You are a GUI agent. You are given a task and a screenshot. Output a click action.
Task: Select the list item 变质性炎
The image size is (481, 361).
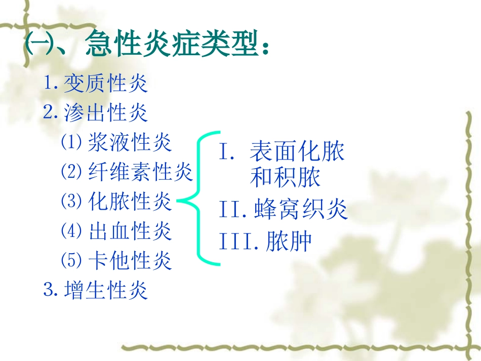tap(106, 84)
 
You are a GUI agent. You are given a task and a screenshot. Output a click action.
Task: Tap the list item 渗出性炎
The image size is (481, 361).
tap(106, 112)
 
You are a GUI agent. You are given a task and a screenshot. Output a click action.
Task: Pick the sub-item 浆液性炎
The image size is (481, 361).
tap(130, 143)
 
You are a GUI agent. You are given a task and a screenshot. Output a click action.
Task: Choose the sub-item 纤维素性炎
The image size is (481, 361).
tap(140, 172)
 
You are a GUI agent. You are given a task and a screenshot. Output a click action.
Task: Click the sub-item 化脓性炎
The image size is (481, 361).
tap(130, 202)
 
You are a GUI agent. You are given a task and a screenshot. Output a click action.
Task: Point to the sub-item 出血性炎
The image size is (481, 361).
tap(130, 231)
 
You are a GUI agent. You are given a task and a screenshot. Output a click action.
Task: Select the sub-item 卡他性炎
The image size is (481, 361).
tap(130, 261)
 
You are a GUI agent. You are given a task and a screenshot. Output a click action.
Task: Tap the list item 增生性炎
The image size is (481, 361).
tap(106, 291)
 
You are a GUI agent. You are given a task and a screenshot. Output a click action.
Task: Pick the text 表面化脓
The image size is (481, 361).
tap(297, 152)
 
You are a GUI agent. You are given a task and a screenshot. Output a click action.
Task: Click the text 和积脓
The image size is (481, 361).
tap(286, 178)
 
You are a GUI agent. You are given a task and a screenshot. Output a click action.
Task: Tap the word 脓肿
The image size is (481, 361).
tap(290, 242)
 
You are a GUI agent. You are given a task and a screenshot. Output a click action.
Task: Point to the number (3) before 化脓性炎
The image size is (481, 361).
tap(71, 202)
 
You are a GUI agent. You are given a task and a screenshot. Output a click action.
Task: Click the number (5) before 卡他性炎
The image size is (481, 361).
tap(71, 261)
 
